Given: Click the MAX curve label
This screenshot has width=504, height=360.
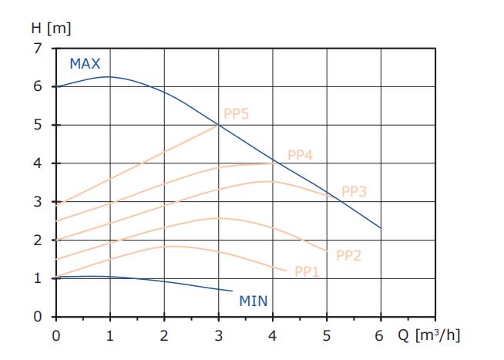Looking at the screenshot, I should point(85,63).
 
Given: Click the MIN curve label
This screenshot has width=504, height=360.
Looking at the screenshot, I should point(253,301).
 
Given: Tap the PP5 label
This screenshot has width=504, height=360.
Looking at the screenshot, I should point(236,114).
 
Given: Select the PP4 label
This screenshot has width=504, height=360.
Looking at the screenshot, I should point(300,154).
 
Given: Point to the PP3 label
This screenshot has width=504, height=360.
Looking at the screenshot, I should point(353,191).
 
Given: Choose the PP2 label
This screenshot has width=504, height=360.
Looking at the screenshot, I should point(348,255).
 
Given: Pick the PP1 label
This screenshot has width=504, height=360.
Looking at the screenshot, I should point(306,271).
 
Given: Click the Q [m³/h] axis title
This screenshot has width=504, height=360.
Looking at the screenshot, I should point(431,336).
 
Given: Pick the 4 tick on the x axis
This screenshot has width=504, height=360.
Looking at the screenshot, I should point(272,336).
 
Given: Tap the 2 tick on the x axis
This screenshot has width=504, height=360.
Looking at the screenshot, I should point(164,336).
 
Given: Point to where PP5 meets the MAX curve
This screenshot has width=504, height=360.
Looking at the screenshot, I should point(219,125).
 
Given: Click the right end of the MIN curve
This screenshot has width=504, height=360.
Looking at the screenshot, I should point(232,291).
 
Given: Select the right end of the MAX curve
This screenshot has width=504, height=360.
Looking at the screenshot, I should point(381,227).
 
